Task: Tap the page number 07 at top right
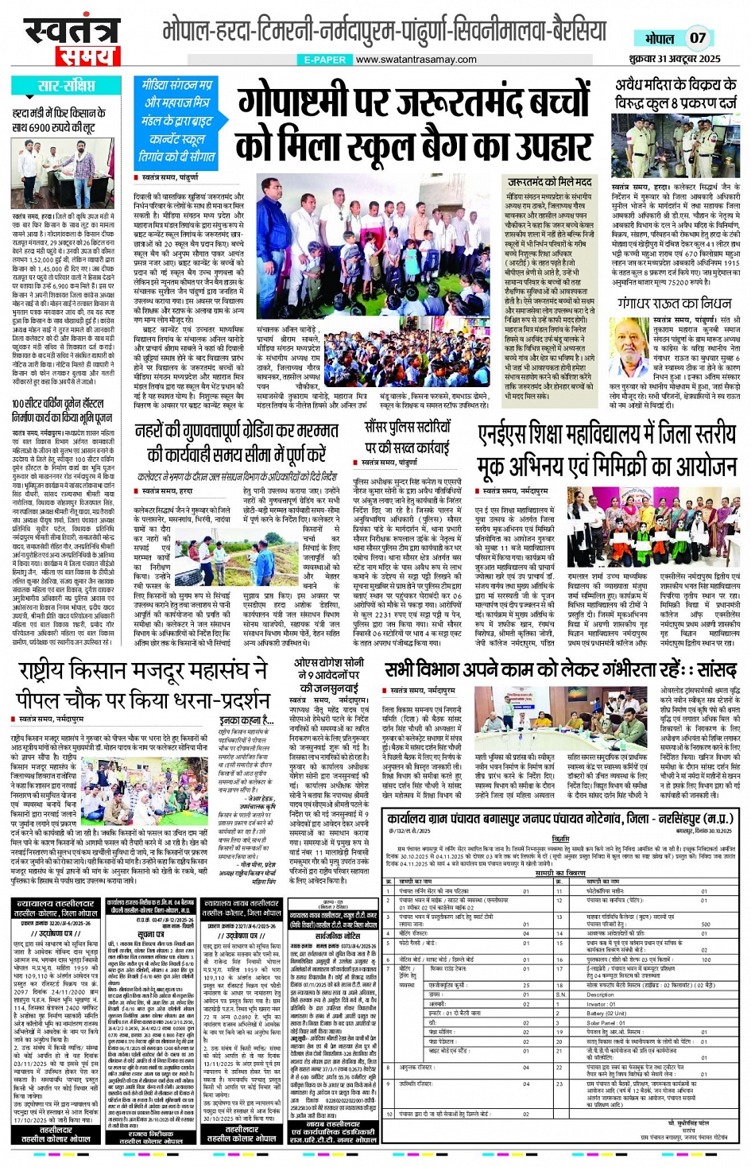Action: [697, 37]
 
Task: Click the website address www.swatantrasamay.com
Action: [416, 60]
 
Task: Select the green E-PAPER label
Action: [324, 60]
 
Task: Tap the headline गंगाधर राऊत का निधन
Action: [674, 304]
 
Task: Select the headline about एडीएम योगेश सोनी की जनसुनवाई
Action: [329, 675]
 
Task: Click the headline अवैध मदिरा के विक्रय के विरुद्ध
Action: [676, 93]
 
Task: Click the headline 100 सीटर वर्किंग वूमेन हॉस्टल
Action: [62, 409]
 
